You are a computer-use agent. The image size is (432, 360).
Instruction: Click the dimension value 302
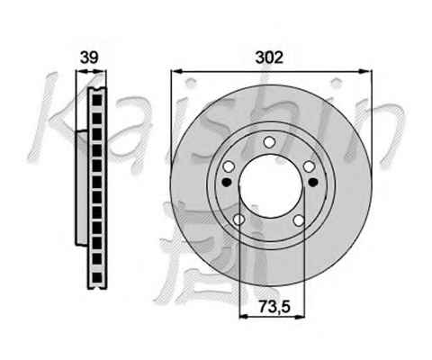tap(269, 58)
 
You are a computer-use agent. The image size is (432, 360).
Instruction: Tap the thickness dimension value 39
tap(89, 58)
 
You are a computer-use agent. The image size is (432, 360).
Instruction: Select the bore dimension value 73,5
tap(274, 307)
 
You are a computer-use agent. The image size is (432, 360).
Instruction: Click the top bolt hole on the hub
tap(269, 142)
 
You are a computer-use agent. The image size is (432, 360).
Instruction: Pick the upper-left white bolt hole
tap(229, 166)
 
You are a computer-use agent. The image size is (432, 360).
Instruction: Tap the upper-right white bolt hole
tap(309, 166)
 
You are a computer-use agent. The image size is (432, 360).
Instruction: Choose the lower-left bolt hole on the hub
tap(238, 220)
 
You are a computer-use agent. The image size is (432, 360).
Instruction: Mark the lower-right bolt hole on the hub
tap(299, 220)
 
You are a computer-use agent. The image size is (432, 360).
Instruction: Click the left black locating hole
tap(227, 182)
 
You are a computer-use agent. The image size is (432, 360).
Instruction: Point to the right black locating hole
tap(313, 182)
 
